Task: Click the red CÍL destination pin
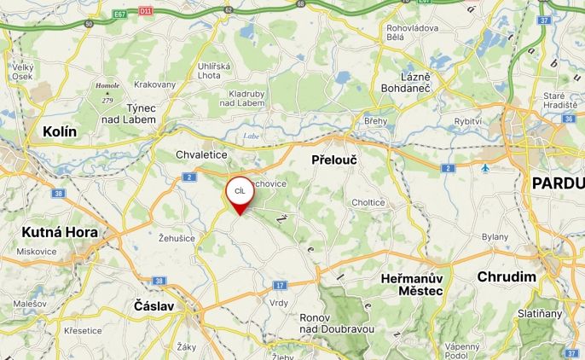pos(240,193)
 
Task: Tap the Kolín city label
pos(59,131)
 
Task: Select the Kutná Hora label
pos(60,232)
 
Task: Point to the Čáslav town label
pos(154,305)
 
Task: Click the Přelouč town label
pos(334,160)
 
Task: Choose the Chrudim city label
pos(507,276)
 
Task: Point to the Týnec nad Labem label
pos(141,113)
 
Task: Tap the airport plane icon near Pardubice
pos(485,167)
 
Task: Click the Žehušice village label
pos(177,238)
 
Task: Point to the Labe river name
pos(251,136)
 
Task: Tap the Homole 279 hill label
pos(107,92)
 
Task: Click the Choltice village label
pos(368,202)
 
